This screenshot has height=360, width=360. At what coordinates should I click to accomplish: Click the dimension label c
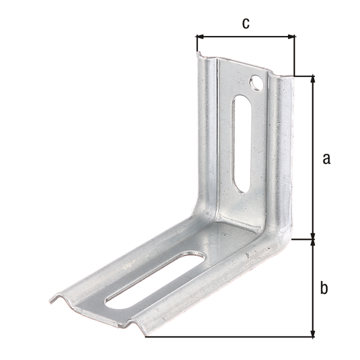(245, 23)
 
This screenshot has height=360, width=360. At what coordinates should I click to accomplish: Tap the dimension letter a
(326, 158)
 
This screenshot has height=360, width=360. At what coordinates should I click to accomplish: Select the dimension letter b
(324, 288)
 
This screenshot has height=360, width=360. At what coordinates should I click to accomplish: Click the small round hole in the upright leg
(257, 82)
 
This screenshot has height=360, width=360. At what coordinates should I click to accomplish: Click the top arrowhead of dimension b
(313, 243)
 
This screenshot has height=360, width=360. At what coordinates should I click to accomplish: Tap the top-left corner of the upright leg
(199, 56)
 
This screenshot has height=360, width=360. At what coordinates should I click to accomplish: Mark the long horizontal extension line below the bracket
(228, 337)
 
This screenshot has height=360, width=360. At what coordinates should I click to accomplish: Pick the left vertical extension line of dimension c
(197, 45)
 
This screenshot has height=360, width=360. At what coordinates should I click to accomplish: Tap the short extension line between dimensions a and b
(303, 239)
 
